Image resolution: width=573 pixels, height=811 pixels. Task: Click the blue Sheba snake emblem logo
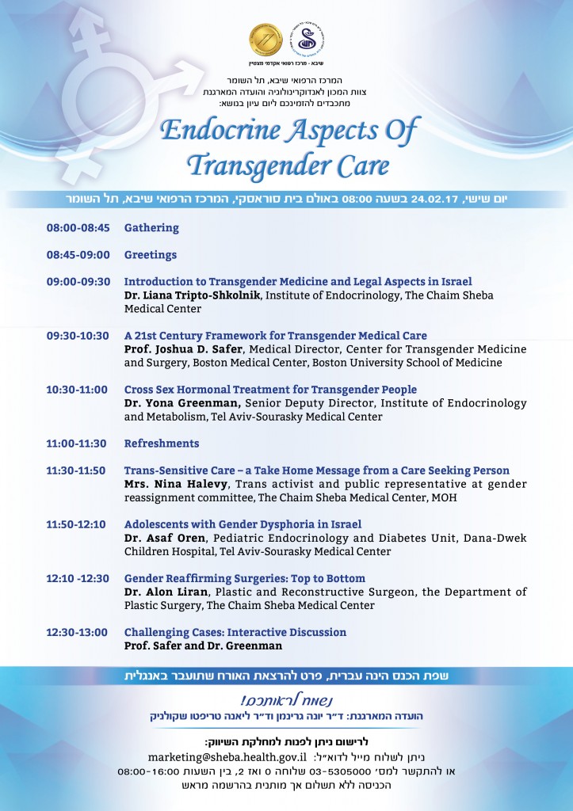pos(308,38)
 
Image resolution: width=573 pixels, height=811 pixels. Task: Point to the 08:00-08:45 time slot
pos(78,228)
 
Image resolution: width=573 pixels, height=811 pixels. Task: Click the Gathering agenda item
pos(151,228)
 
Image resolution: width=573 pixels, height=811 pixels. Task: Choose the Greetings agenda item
pos(151,255)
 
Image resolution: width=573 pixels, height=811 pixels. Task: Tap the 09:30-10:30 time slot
pos(78,336)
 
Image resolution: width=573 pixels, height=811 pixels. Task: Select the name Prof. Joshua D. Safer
pos(181,349)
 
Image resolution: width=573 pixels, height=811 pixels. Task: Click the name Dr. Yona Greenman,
pos(174,403)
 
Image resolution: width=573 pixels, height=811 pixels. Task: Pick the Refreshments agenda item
pos(162,444)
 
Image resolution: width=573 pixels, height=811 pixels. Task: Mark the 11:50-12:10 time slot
pos(76,524)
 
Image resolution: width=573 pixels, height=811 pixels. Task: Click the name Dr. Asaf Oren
pos(157,538)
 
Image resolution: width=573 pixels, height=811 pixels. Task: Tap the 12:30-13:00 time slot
pos(78,632)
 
